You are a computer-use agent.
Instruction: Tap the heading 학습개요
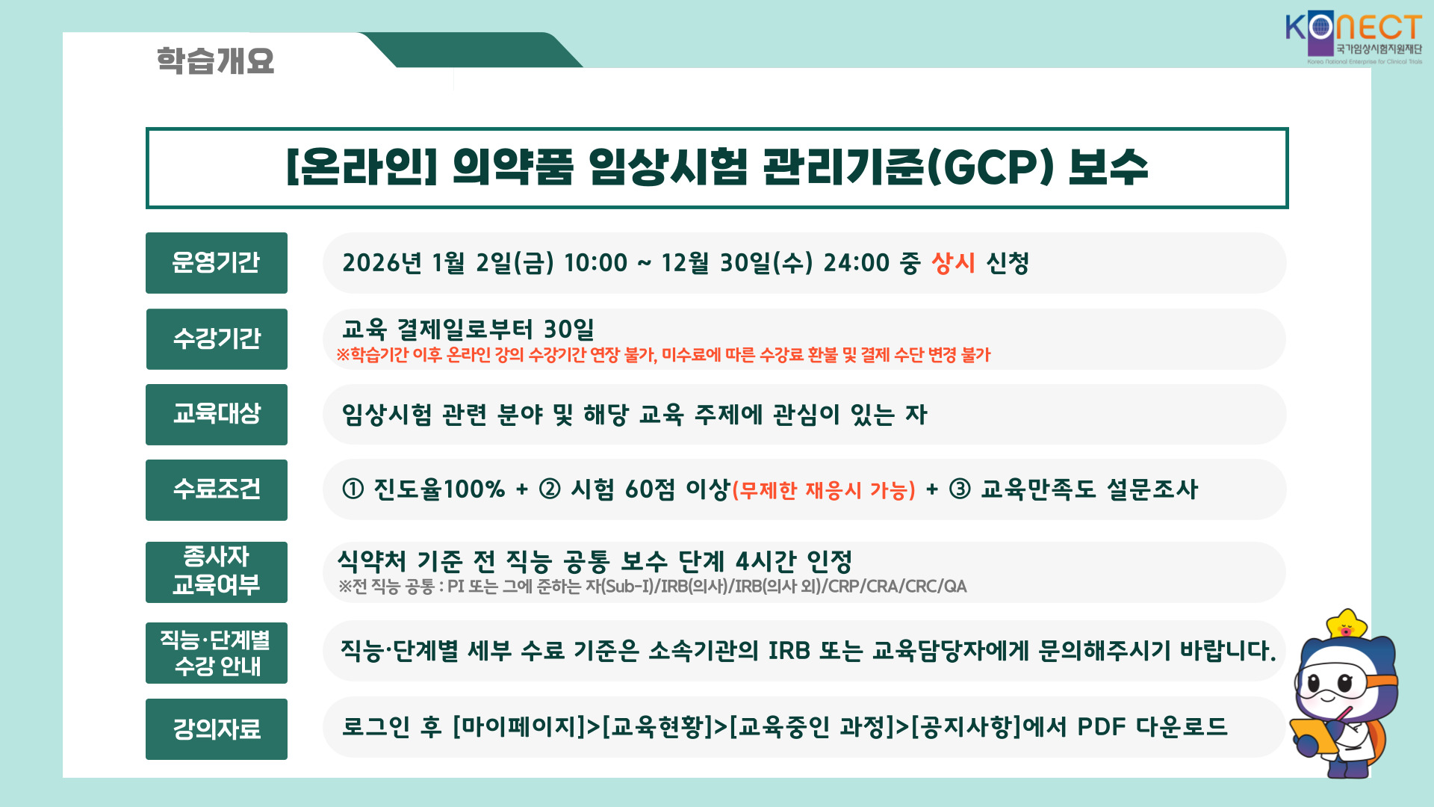tap(215, 61)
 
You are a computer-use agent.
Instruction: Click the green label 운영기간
tap(217, 263)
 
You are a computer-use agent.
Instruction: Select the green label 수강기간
tap(217, 339)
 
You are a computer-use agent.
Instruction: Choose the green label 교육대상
tap(217, 415)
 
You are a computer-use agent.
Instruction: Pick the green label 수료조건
tap(217, 490)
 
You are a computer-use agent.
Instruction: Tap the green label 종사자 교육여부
tap(217, 572)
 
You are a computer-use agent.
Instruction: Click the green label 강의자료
tap(217, 729)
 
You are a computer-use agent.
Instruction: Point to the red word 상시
tap(953, 263)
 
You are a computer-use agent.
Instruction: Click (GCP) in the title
tap(990, 167)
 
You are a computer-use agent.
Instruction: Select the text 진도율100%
tap(439, 489)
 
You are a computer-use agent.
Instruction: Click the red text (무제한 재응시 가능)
tap(824, 490)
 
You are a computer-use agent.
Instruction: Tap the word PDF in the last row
tap(1101, 726)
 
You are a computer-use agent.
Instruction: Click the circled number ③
tap(960, 489)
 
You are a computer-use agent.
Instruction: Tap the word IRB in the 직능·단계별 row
tap(789, 651)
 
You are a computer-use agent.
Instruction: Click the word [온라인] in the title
tap(361, 167)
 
